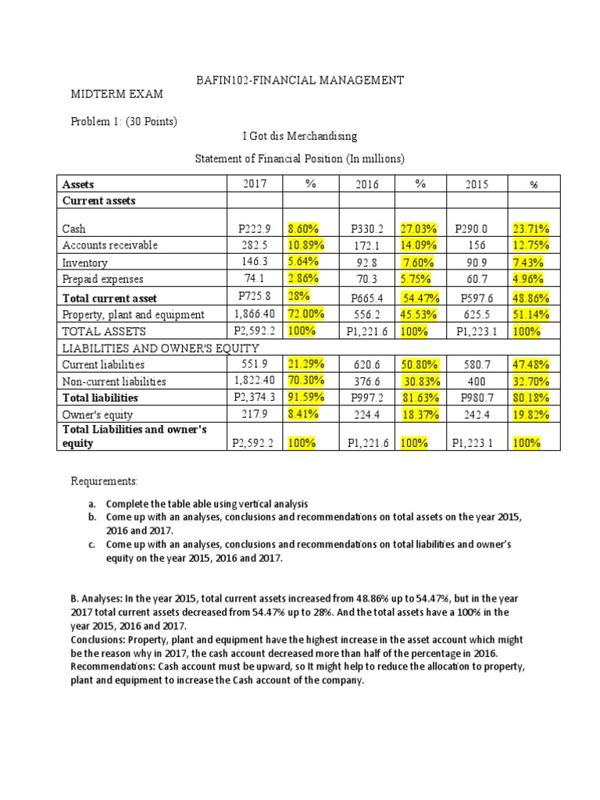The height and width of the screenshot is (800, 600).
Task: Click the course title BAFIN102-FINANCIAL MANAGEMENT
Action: [x=299, y=80]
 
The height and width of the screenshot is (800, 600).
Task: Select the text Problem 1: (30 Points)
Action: [x=124, y=121]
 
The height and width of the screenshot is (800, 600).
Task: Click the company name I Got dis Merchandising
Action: [x=299, y=137]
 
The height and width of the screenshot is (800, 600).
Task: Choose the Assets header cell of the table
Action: [x=78, y=184]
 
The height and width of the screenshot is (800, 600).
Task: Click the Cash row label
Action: [x=73, y=229]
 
